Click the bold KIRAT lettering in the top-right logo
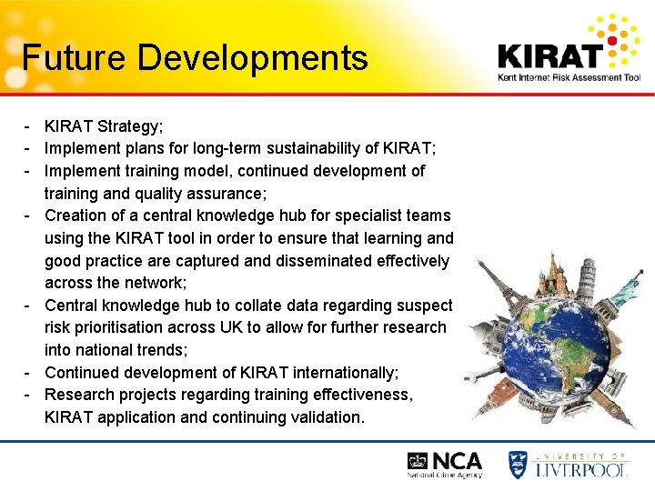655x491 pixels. [549, 55]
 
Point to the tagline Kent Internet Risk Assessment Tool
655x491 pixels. [569, 78]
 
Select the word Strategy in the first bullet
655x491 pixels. [133, 126]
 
